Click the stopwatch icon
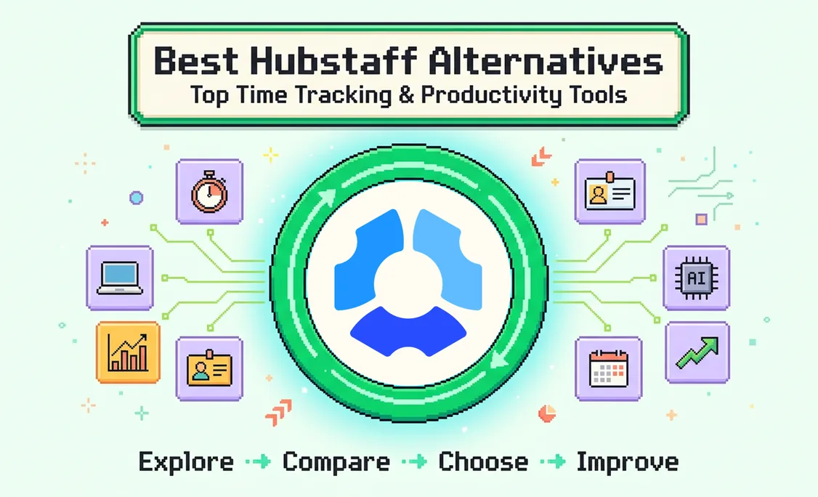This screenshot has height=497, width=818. pos(209,192)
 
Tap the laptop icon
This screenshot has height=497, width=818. pos(119,278)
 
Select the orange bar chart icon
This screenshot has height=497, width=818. pos(128,352)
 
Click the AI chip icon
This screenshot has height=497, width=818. pos(697,278)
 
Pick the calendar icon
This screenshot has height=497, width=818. pos(608,368)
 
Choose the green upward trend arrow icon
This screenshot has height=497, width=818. pos(697,352)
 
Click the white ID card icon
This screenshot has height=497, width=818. pos(610,192)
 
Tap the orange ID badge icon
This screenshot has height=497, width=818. pos(209,368)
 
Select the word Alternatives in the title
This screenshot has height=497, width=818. pos(545,60)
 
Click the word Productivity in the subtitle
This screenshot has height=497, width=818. pos(491,95)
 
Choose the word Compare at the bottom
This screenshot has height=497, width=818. pos(336,462)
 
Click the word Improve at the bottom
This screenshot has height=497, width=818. pos(628,462)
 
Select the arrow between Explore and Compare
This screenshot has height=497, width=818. pos(258,461)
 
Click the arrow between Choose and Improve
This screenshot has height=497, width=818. pos(552,461)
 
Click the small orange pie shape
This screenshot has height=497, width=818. pos(546,413)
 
